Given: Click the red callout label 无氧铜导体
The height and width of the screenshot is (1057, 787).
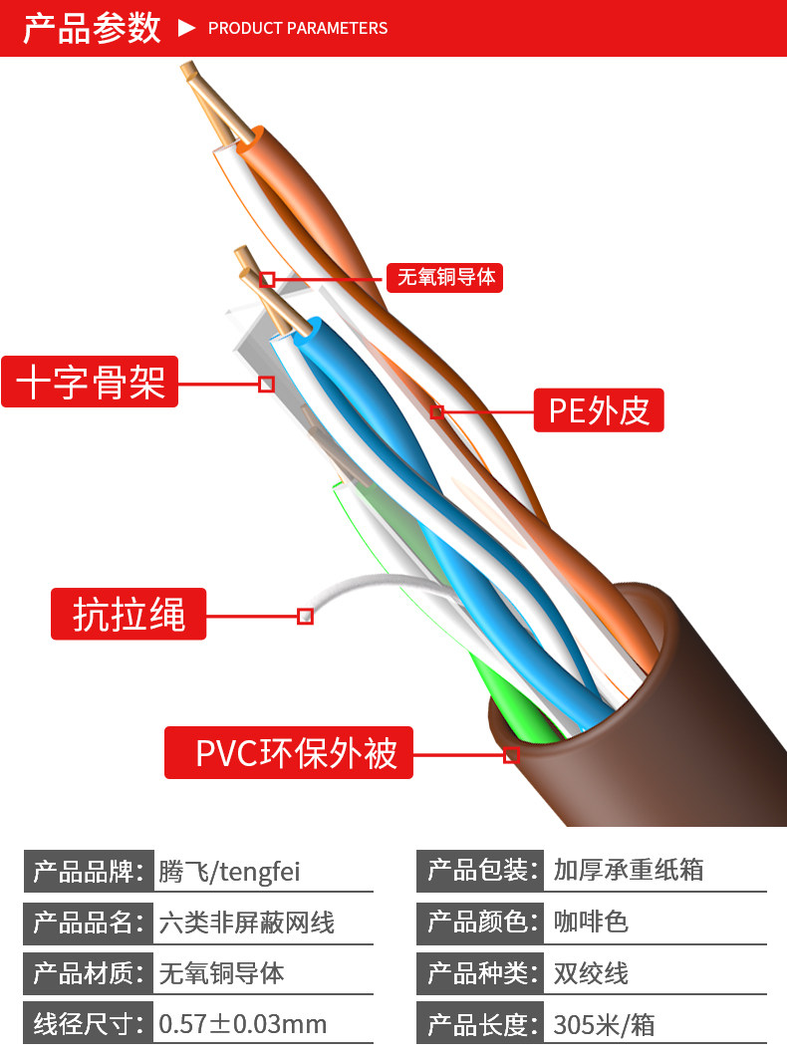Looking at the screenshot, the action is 444,278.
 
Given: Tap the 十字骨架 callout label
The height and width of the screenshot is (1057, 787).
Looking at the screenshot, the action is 90,382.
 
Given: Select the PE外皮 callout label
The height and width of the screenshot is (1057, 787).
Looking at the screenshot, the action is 599,409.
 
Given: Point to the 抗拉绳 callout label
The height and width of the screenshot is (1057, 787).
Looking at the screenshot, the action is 129,614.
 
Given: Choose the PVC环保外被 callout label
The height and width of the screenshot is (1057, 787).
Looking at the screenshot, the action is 289,752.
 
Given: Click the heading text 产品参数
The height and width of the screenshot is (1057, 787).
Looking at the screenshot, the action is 92,28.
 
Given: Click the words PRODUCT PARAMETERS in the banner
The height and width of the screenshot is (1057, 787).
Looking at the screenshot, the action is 298,28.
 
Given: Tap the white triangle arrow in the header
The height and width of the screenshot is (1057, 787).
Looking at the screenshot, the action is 186,28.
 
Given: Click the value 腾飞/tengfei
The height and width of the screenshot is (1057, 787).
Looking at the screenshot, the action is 229,871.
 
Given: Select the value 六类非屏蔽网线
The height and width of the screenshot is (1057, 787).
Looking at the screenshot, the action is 247,923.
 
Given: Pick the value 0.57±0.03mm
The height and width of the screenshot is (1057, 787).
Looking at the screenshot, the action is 242,1024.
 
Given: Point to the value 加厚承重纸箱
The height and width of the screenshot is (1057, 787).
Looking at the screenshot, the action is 629,870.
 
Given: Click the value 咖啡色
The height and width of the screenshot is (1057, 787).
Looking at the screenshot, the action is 591,922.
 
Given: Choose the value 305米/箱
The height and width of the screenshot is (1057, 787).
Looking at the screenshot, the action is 604,1025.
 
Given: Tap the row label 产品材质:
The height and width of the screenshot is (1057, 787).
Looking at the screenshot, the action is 89,972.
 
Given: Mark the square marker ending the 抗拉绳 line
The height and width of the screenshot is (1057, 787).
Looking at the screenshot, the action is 305,616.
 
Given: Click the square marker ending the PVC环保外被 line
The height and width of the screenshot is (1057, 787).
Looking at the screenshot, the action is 511,755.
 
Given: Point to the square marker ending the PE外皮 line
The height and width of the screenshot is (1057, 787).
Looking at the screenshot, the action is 437,411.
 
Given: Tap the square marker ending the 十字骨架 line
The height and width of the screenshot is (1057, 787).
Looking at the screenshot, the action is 267,385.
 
